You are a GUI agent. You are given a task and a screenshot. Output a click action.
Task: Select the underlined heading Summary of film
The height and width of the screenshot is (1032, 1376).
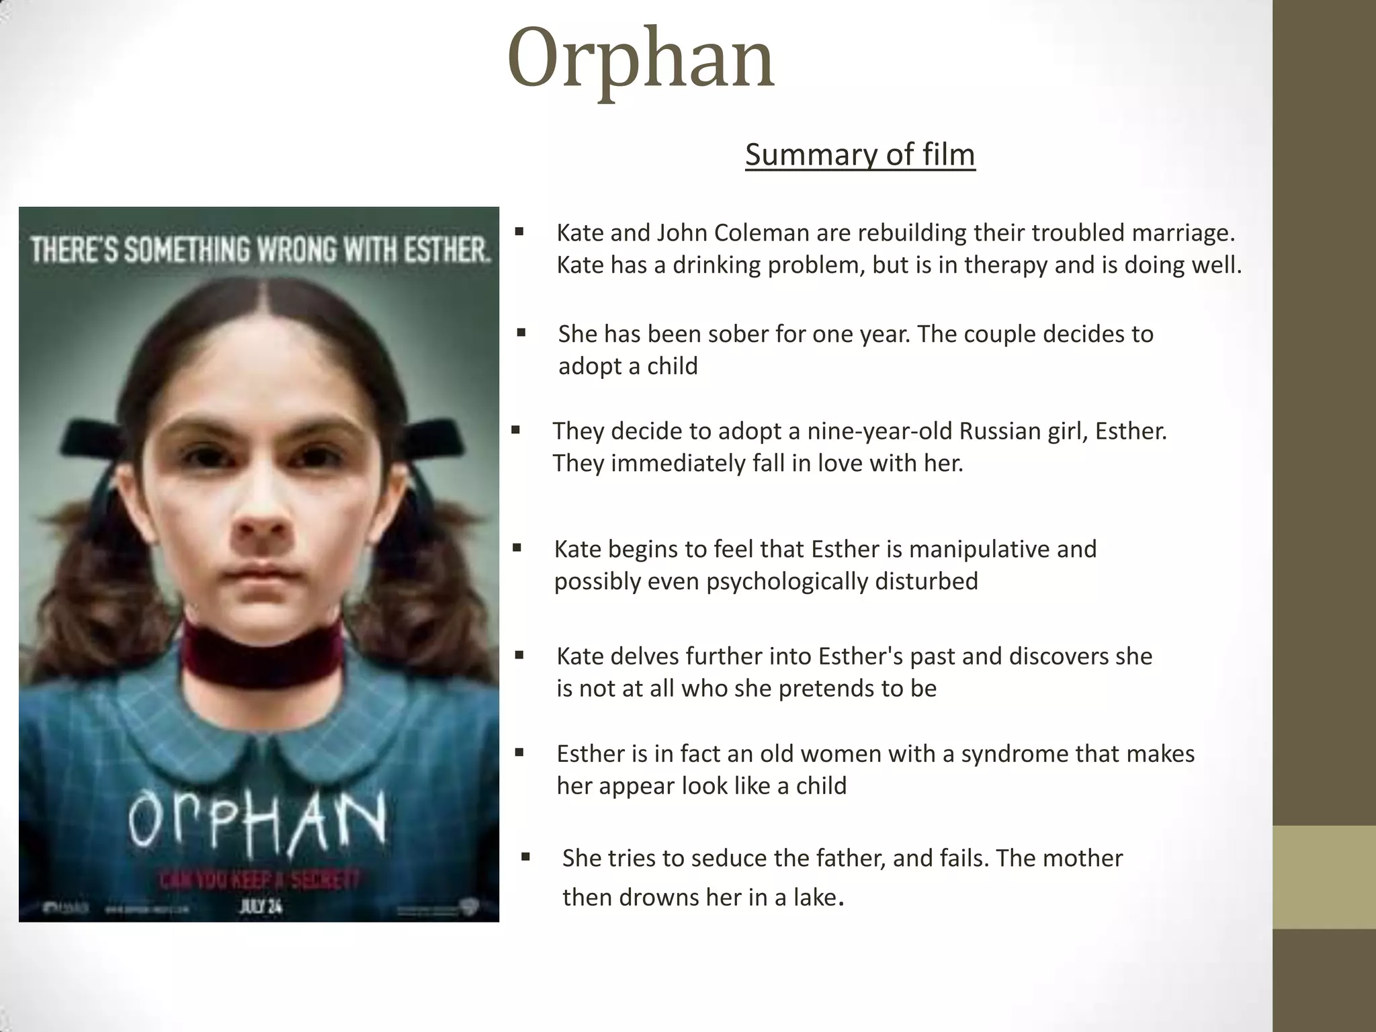coord(859,155)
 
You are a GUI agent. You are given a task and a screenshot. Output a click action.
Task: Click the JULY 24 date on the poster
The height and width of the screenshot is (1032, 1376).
coord(261,907)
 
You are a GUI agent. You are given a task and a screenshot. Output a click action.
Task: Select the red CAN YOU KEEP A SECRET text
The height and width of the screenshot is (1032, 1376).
coord(259,879)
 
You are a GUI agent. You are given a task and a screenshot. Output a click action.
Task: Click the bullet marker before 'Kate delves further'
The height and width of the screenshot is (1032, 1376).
coord(519,655)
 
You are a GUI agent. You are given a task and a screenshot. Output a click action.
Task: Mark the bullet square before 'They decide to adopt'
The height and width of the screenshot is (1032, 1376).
coord(515,430)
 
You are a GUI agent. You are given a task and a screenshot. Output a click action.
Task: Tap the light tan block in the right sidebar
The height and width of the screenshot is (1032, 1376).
coord(1324,876)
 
